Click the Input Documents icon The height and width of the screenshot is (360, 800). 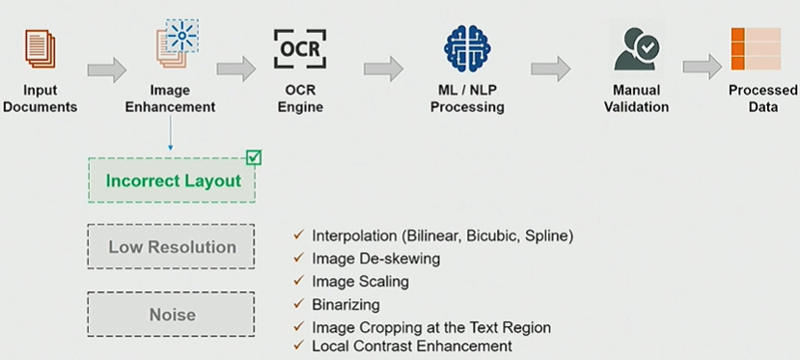[x=41, y=48]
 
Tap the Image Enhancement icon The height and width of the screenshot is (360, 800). [x=178, y=43]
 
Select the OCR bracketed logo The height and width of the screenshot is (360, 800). [x=300, y=49]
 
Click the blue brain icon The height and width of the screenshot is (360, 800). [x=467, y=49]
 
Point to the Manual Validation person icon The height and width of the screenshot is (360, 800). [x=637, y=49]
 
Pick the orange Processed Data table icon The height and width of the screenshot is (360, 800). [x=757, y=49]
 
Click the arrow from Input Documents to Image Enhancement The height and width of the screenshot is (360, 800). [x=106, y=69]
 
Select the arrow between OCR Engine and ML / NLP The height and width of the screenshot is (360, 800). [x=384, y=69]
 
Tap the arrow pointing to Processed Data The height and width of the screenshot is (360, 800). [x=703, y=67]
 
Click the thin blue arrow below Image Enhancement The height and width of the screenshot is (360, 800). [x=171, y=132]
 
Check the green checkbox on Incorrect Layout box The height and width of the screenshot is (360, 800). [x=254, y=157]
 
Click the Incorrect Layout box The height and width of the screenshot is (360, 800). [x=172, y=180]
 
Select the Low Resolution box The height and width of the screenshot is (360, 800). [x=171, y=246]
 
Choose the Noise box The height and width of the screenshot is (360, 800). [x=171, y=314]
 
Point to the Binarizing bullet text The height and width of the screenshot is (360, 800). [x=345, y=305]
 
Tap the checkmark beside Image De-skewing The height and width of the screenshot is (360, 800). [x=298, y=258]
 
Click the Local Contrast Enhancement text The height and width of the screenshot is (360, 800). [x=412, y=346]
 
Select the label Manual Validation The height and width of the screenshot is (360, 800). [x=636, y=98]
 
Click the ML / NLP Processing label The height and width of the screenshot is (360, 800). [x=467, y=98]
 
